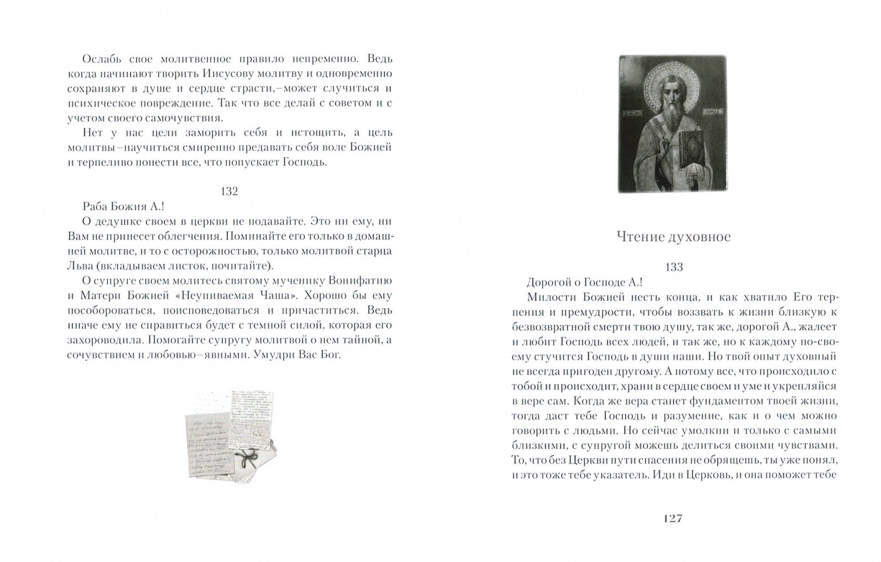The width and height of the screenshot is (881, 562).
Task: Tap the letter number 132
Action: click(x=229, y=191)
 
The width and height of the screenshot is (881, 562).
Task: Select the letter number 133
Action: click(x=674, y=267)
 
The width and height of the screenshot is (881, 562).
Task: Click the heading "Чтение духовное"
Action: click(x=673, y=237)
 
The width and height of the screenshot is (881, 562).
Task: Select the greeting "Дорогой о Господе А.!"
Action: click(x=585, y=282)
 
